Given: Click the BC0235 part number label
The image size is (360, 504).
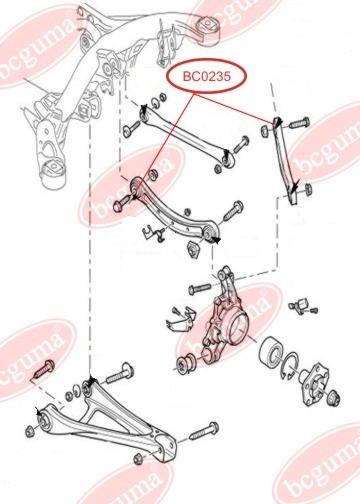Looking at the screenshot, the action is tap(206, 76).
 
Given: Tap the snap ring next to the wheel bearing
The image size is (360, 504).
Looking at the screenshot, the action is tap(290, 366).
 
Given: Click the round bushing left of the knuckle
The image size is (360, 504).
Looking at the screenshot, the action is tap(186, 364).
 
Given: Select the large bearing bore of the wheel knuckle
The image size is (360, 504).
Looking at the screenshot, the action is tap(237, 327).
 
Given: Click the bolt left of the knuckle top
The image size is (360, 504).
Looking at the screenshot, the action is tap(199, 288).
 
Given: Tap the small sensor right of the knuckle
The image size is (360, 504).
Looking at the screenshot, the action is tap(303, 306).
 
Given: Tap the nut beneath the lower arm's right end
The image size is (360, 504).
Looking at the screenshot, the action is tap(138, 459).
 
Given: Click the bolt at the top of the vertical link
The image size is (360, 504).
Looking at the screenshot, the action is tap(299, 122).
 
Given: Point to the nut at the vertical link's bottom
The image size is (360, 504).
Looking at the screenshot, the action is tap(308, 189).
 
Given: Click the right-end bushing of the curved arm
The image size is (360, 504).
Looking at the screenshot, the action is tap(210, 232).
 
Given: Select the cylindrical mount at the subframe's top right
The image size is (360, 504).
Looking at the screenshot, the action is tap(208, 29).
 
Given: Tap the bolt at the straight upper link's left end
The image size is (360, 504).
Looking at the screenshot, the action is tap(131, 129).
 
